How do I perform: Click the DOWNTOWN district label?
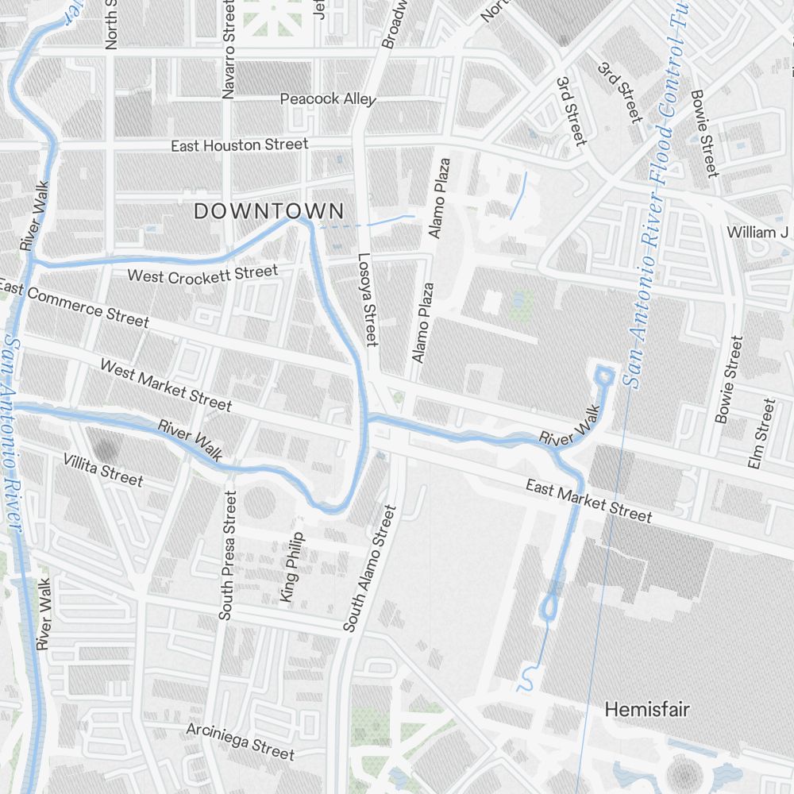[269, 211]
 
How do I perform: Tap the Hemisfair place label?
[647, 709]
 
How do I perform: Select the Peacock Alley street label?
[328, 99]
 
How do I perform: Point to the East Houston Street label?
[240, 145]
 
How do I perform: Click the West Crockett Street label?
[202, 275]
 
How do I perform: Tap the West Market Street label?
[165, 385]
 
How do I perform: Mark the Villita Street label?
[103, 470]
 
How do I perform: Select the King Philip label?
[291, 566]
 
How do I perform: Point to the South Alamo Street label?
[369, 569]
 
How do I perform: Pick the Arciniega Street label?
[240, 741]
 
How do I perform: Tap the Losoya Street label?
[365, 299]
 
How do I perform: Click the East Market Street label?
[588, 501]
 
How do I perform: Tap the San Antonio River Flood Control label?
[656, 198]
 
